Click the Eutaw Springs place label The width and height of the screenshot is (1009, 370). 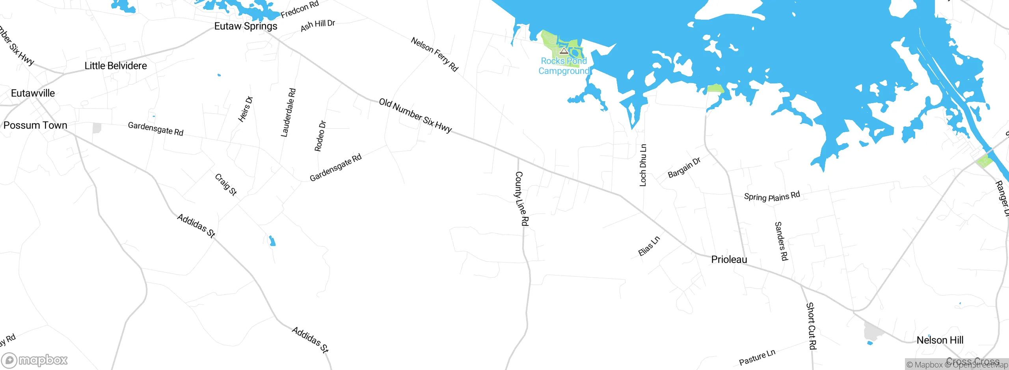pos(246,26)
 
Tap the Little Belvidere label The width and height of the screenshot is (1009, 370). pos(115,66)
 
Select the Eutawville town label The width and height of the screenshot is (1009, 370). pos(33,93)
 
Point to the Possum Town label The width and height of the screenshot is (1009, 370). pos(35,125)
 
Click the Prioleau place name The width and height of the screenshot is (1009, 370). pos(729,259)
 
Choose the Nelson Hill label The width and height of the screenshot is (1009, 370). pos(940,340)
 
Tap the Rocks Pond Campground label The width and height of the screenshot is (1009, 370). pos(564,66)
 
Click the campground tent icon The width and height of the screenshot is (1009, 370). pos(564,51)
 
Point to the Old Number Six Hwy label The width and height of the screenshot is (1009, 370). pos(415,115)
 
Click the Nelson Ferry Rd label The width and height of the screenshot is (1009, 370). pos(434,54)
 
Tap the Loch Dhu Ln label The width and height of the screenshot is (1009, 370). pos(643,165)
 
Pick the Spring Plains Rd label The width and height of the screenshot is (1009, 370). pos(772,196)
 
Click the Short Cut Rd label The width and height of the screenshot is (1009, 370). pos(811,326)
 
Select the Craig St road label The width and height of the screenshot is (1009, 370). pos(226,185)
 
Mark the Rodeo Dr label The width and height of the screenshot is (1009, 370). pos(320,136)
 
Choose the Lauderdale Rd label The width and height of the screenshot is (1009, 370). pos(288,113)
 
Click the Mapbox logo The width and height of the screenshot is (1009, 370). pos(35,360)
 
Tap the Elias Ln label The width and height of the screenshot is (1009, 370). pos(649,246)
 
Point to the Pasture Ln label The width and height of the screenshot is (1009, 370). pos(757,357)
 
